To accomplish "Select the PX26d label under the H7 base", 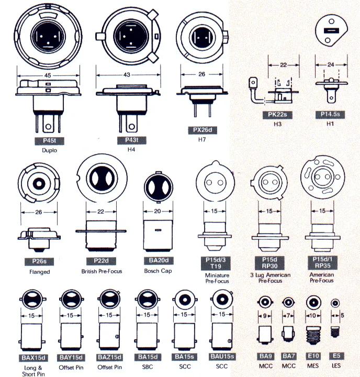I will (x=202, y=129).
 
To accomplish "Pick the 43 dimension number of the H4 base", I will (x=127, y=74).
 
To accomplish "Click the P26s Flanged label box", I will (x=40, y=262).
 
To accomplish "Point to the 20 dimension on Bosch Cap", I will (x=158, y=212).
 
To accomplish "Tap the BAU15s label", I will (x=222, y=357).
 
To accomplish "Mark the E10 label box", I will (x=313, y=356).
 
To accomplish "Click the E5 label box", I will (x=336, y=356).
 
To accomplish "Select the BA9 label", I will (x=265, y=356).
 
